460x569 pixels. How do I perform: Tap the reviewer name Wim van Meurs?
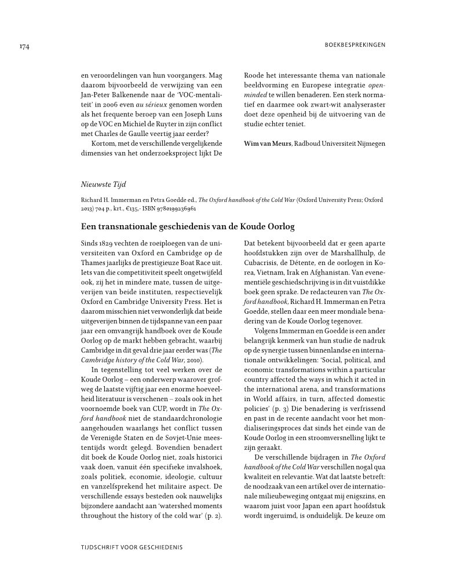(x=267, y=144)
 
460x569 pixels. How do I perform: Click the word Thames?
(x=93, y=265)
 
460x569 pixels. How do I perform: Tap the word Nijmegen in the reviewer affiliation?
(x=368, y=144)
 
